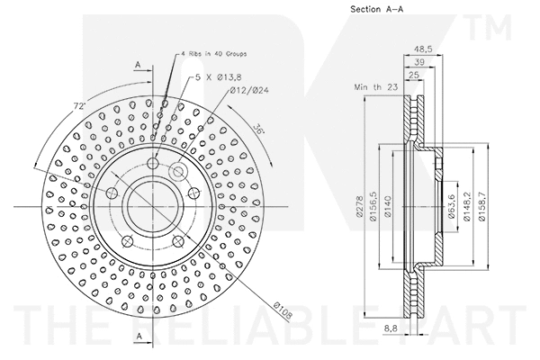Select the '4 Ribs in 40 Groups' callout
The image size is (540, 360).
coord(209,57)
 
